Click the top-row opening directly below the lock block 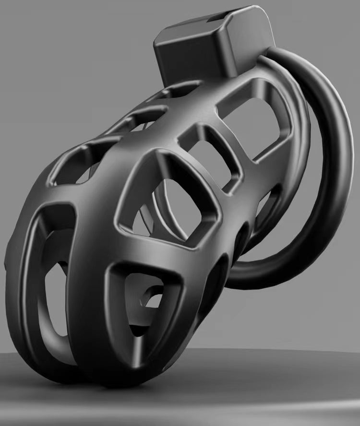coord(178,91)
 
